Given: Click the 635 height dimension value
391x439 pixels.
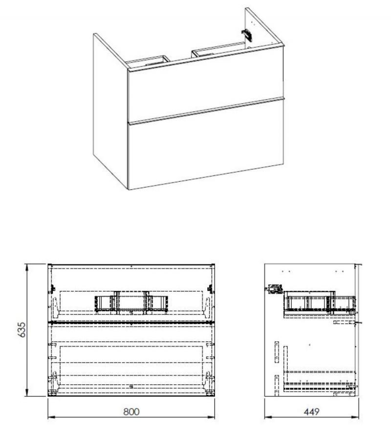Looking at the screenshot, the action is coord(22,329).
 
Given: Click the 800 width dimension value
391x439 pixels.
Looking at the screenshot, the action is coord(131,412).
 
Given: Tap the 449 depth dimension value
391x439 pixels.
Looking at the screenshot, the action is coord(311,412).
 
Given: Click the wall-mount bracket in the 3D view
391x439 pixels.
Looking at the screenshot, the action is coord(247,36).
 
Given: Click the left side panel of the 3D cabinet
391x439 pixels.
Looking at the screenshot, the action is coord(110,111).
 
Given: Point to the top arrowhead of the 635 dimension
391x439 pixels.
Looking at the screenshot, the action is coord(27,267).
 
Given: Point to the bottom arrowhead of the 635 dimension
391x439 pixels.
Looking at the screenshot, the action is coord(27,393).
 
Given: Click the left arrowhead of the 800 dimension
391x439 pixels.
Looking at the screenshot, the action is coord(51,417).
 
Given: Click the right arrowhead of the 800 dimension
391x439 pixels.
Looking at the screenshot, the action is coord(211,417).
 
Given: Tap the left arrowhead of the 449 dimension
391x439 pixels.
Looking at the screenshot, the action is coord(268,417).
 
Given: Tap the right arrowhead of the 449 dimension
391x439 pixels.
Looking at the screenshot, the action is coord(355,417).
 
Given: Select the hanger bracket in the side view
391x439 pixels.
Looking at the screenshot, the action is coord(275,289).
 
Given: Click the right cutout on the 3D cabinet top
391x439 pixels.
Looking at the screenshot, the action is coord(218,49).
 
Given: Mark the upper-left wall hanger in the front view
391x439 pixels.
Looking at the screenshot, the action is coord(52,289).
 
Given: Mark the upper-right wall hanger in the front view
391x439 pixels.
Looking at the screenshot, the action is coord(210,289).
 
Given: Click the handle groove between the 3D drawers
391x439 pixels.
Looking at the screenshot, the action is coord(206,110).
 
